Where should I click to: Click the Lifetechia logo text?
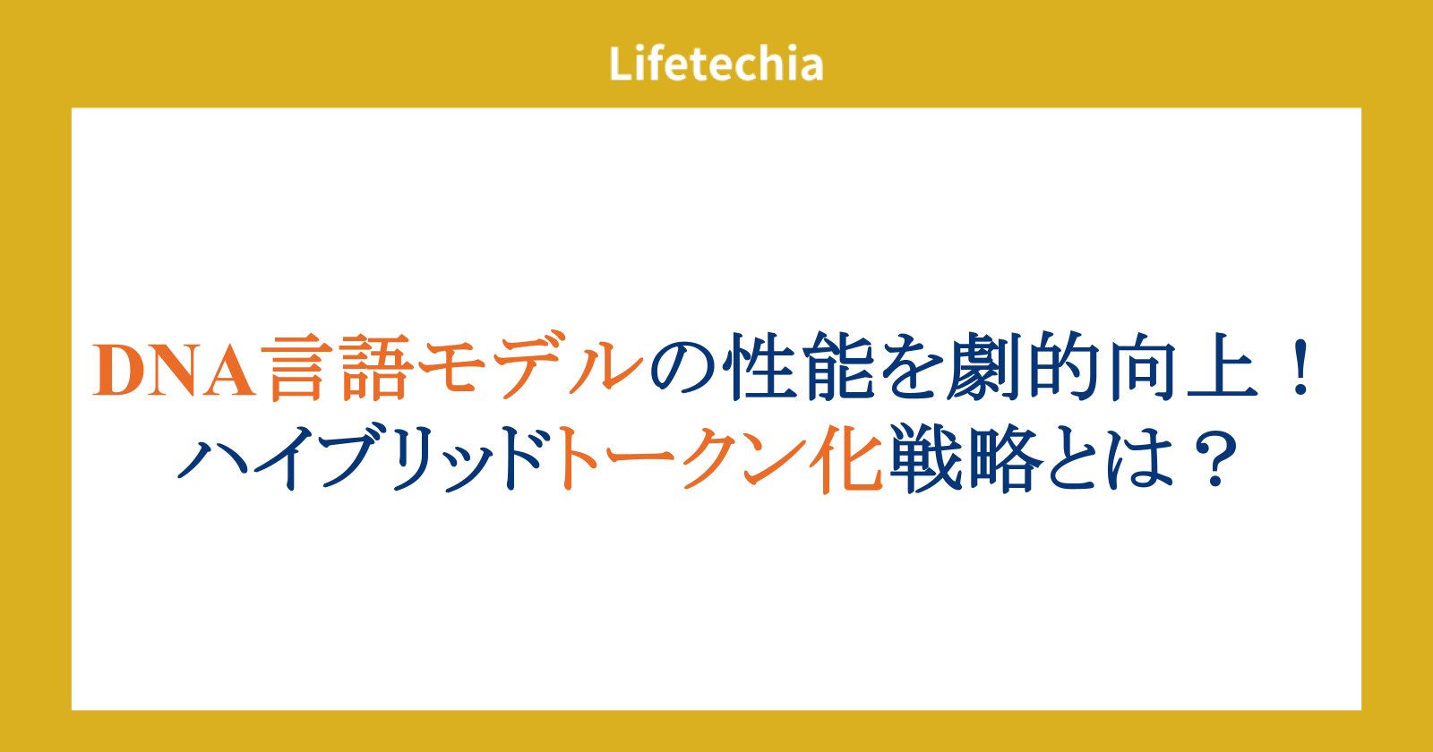[716, 64]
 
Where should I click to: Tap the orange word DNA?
[175, 371]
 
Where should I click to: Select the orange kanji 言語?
[340, 367]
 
